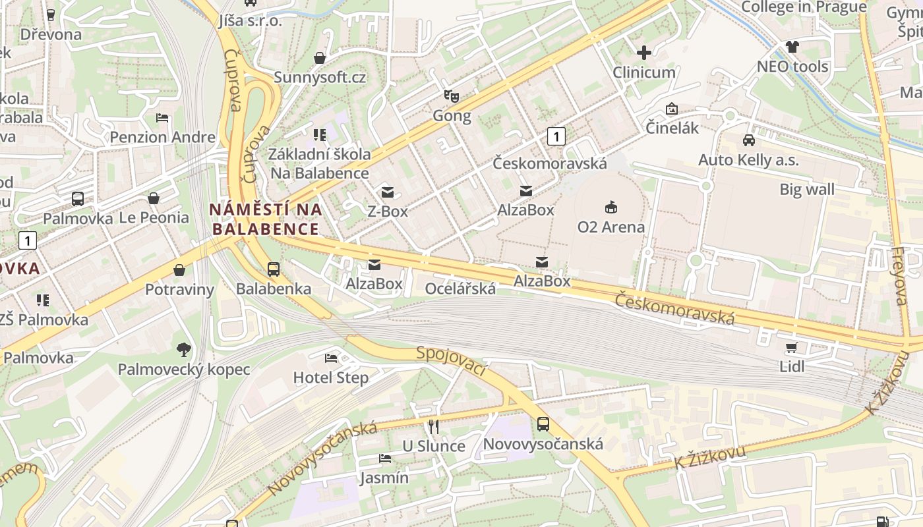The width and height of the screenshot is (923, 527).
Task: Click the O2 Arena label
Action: point(610,227)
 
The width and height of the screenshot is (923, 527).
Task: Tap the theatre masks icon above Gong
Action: point(452,96)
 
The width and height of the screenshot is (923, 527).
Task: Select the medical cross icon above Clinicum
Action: point(644,53)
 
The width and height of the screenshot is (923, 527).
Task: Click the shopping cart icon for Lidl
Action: point(792,347)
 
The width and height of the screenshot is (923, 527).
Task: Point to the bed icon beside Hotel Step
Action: point(331,358)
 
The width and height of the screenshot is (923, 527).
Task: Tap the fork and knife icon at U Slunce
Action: point(433,427)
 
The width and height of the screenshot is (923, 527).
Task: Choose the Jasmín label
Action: point(384,478)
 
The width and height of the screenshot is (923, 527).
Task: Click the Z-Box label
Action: point(388,211)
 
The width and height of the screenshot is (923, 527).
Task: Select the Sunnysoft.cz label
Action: point(320,77)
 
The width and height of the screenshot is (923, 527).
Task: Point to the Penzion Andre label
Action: point(163,137)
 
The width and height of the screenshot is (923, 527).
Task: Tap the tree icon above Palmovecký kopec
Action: point(183,350)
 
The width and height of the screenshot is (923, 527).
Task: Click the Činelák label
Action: point(672,128)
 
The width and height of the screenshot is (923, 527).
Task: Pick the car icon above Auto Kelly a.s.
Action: point(749,140)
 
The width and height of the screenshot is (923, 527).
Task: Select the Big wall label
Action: point(807,190)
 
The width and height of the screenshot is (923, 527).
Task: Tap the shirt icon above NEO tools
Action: point(792,47)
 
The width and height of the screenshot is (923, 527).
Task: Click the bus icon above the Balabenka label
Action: point(274,269)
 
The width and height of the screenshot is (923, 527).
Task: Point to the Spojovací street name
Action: point(452,361)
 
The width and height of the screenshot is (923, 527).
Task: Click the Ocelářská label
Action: point(460,289)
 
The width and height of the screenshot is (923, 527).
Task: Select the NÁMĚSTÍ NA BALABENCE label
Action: point(265,219)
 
